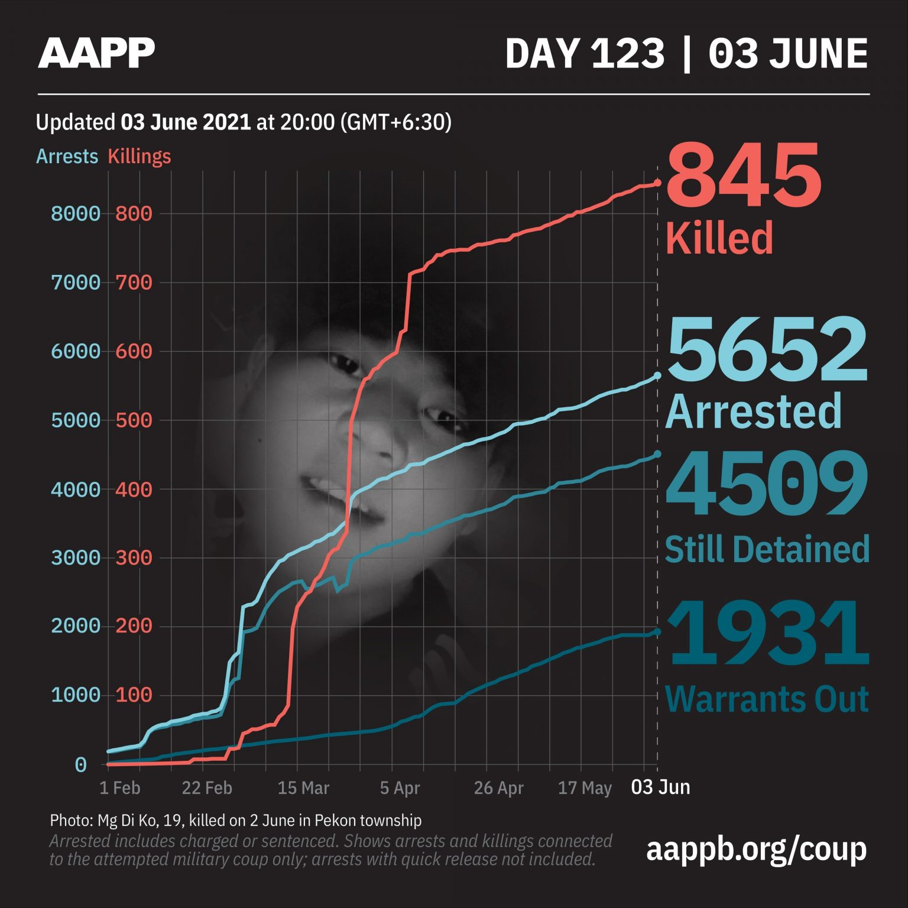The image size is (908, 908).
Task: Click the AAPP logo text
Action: [x=96, y=53]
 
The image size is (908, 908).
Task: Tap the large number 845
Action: [x=744, y=176]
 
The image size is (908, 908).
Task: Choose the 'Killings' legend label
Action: [x=139, y=157]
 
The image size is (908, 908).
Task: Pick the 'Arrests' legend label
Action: [x=67, y=157]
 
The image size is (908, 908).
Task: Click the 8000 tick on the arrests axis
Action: [x=76, y=213]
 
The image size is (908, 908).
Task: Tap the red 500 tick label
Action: [x=134, y=420]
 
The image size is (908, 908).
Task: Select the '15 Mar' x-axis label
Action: [x=303, y=788]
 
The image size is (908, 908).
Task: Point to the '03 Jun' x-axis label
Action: [x=660, y=787]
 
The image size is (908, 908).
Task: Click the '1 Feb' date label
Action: [x=119, y=788]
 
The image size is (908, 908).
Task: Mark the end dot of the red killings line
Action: [x=657, y=183]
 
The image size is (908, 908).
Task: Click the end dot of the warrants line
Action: [x=657, y=632]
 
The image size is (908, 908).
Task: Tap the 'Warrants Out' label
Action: [x=767, y=699]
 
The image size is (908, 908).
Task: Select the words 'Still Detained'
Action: [x=767, y=549]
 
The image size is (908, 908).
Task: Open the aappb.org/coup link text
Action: [x=756, y=849]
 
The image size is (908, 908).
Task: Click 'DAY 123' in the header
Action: [x=585, y=54]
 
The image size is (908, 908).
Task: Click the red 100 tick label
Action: [x=134, y=695]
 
